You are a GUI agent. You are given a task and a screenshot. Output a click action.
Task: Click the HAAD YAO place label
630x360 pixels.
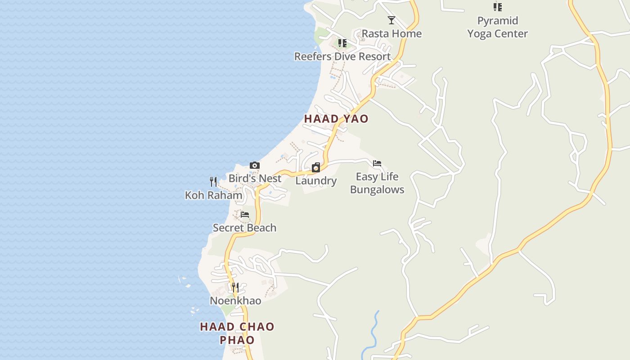(336, 119)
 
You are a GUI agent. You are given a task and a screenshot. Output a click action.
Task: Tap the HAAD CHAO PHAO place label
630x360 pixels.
(237, 333)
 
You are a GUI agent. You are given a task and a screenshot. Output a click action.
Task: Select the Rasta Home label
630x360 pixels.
(391, 34)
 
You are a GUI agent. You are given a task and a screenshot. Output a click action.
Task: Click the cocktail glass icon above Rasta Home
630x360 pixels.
(391, 20)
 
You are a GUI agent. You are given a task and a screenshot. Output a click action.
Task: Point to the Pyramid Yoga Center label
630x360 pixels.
(497, 27)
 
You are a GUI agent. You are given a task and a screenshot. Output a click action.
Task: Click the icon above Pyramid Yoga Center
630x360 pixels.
(497, 7)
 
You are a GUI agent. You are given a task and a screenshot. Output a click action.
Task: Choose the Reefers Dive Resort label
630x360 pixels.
(342, 57)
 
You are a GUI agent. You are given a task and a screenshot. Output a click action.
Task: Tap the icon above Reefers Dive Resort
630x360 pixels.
(342, 43)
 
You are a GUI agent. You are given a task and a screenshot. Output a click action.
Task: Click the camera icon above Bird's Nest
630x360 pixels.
(255, 166)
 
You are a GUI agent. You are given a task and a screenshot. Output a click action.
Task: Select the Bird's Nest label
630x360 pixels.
(255, 179)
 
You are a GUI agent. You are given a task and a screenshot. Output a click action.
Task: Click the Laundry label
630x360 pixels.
(316, 181)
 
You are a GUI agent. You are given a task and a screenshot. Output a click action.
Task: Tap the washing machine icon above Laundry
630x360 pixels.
(316, 168)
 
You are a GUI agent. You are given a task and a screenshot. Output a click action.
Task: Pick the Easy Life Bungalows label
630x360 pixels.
(377, 183)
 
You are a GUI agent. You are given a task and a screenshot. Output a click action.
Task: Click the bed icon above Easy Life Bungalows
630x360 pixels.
(377, 163)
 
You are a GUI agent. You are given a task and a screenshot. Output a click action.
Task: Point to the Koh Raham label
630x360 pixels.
(214, 195)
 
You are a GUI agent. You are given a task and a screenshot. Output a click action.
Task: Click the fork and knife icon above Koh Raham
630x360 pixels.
(214, 182)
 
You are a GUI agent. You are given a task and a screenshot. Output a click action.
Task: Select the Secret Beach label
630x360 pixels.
(244, 228)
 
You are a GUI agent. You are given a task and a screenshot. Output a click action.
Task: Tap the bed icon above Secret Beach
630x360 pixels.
(245, 215)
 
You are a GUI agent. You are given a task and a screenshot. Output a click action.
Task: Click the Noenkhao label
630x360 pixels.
(235, 301)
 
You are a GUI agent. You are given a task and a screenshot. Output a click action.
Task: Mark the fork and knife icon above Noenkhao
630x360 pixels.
(235, 287)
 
